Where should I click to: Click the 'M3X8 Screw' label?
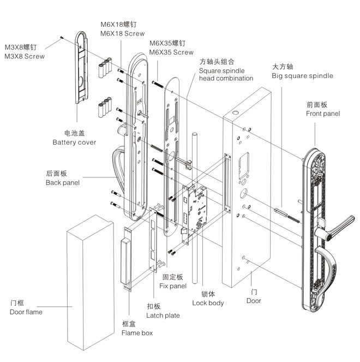[x=25, y=56]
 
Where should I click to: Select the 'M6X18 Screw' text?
[x=122, y=33]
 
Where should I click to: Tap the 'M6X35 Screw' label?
[x=171, y=52]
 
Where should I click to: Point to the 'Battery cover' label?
[x=74, y=142]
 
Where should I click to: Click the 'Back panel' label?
[x=62, y=182]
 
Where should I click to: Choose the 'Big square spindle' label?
[x=302, y=76]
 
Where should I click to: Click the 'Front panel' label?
[x=323, y=114]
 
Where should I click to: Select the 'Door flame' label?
[x=26, y=312]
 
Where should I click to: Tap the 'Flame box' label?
[x=137, y=332]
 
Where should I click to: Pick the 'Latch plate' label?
[x=163, y=315]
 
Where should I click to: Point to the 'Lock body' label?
[x=208, y=302]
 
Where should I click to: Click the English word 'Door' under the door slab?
[x=254, y=300]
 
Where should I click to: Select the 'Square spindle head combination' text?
[x=226, y=74]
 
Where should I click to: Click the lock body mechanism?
[x=195, y=210]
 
